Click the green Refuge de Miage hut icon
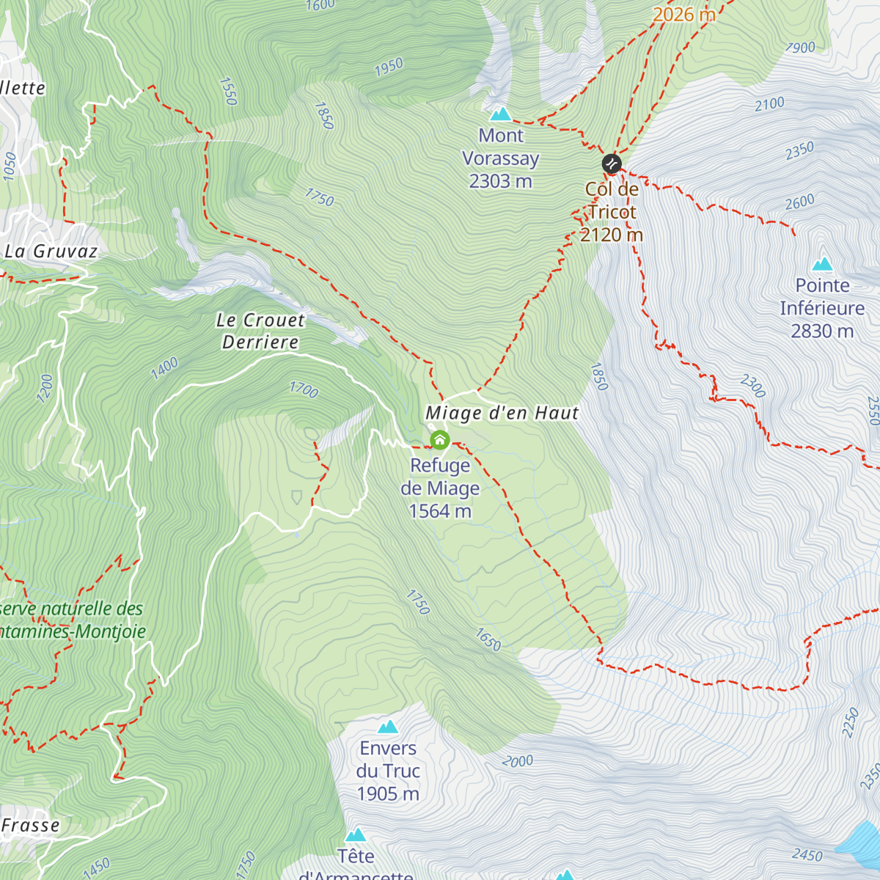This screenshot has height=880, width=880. click(x=439, y=440)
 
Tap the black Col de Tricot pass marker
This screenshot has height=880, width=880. click(x=612, y=164)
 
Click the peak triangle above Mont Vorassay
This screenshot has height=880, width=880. click(x=500, y=114)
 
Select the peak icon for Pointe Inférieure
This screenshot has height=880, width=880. click(x=822, y=263)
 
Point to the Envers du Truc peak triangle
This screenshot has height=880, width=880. click(x=388, y=727)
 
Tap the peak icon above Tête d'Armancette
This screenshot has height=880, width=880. click(x=356, y=835)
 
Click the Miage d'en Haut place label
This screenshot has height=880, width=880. click(x=502, y=414)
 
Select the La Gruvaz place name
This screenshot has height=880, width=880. click(x=51, y=252)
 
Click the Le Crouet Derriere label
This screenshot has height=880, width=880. click(x=260, y=331)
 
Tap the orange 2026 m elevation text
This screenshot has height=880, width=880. click(x=683, y=15)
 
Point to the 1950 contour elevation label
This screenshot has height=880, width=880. click(x=389, y=67)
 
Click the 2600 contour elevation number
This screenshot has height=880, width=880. click(x=799, y=202)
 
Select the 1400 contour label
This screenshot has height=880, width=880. click(x=164, y=368)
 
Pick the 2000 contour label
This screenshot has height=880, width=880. click(x=518, y=761)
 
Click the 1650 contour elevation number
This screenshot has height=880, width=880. click(x=488, y=639)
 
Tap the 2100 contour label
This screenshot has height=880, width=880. click(x=769, y=104)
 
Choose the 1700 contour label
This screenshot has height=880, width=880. click(x=304, y=389)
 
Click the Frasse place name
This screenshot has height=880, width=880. click(x=30, y=826)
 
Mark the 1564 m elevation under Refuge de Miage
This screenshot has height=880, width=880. click(x=440, y=511)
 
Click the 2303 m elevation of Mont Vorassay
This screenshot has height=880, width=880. click(x=500, y=181)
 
